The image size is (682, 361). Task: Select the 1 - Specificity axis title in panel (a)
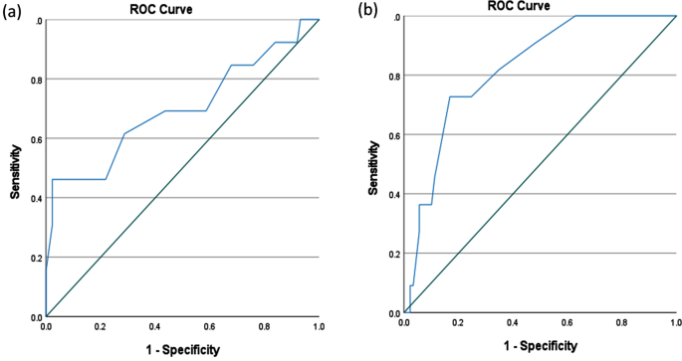[182, 349]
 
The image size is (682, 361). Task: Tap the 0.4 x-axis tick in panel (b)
[513, 324]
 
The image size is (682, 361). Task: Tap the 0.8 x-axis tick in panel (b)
[621, 324]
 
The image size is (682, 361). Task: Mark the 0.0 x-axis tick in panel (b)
[404, 324]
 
